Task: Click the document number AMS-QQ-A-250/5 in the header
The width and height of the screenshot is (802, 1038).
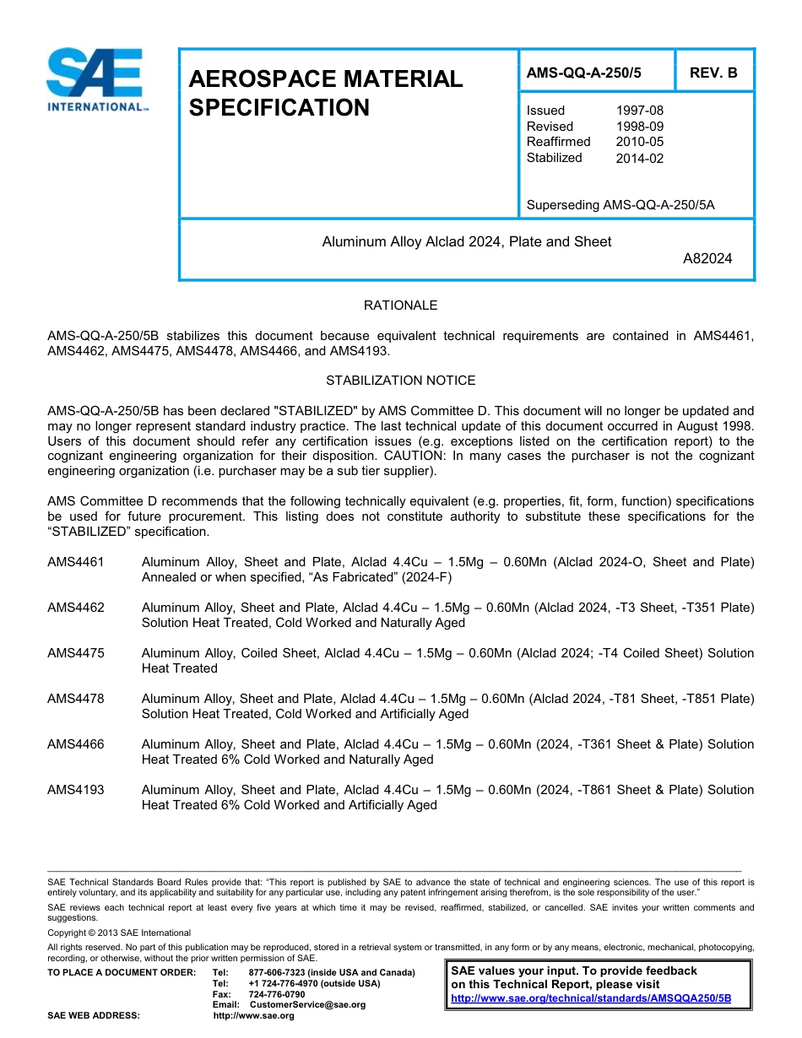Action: pyautogui.click(x=583, y=73)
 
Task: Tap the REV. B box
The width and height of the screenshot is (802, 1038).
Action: pyautogui.click(x=713, y=73)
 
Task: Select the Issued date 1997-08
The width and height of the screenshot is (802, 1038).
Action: pyautogui.click(x=639, y=111)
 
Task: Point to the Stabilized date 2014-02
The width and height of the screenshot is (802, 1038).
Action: pyautogui.click(x=639, y=158)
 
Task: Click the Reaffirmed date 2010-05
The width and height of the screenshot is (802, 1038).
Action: pyautogui.click(x=639, y=142)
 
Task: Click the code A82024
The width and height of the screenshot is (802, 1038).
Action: pyautogui.click(x=707, y=258)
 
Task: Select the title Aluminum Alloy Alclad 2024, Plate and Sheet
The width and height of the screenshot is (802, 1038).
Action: pyautogui.click(x=467, y=242)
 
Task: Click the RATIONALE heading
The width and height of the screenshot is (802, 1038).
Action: pyautogui.click(x=400, y=305)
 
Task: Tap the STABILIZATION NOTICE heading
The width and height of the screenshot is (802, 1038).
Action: pyautogui.click(x=400, y=381)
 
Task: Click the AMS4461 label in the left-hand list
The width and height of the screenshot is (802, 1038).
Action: pyautogui.click(x=76, y=562)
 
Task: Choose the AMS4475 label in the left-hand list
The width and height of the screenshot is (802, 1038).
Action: pyautogui.click(x=76, y=653)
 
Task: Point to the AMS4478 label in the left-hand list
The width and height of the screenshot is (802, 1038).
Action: pyautogui.click(x=76, y=699)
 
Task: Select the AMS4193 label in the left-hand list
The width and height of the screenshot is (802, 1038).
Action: pyautogui.click(x=76, y=790)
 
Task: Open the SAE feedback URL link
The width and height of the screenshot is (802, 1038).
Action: pyautogui.click(x=591, y=998)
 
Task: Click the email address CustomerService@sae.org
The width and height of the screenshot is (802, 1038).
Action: pyautogui.click(x=307, y=1005)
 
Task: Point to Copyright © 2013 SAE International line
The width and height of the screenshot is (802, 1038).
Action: pyautogui.click(x=119, y=933)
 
